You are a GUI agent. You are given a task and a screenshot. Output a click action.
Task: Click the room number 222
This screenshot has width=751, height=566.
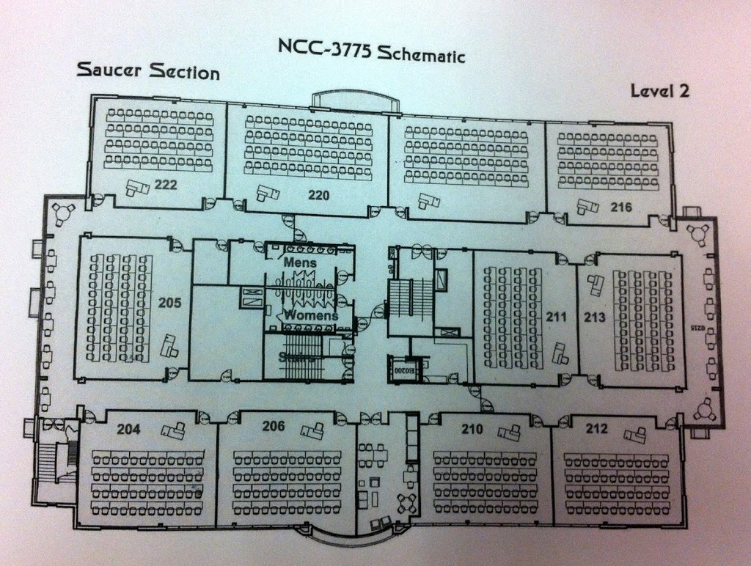coord(166,185)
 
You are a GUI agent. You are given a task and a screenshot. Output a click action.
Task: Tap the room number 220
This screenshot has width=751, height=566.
coord(318,195)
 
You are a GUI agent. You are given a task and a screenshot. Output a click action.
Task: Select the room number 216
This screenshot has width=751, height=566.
coord(620,207)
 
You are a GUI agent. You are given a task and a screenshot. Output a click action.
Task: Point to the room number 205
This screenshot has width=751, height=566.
coord(169,302)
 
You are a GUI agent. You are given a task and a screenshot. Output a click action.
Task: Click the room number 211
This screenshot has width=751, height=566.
coord(556,317)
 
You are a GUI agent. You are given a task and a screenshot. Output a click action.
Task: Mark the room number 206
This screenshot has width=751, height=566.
coord(273,427)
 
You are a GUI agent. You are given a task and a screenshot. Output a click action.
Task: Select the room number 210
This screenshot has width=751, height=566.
coord(472,429)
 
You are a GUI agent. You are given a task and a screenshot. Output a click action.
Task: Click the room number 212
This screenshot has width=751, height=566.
coord(597,429)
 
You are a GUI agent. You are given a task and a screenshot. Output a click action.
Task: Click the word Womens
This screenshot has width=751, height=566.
coord(311,316)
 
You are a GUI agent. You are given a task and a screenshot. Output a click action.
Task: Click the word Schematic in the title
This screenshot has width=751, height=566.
coord(423,52)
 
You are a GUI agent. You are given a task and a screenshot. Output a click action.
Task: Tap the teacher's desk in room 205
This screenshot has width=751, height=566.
coord(170,345)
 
